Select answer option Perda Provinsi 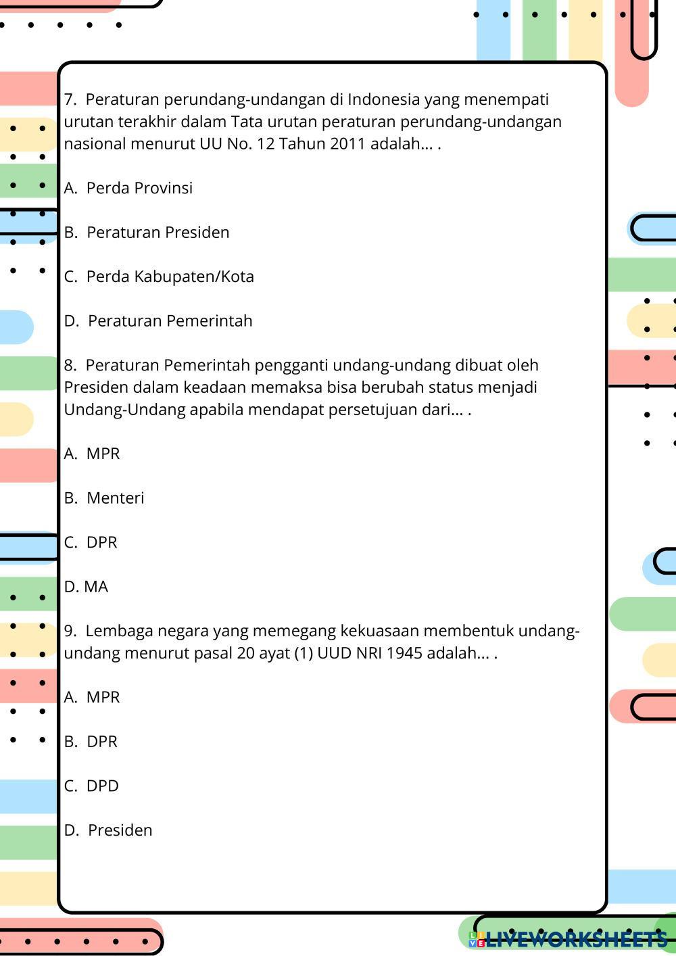point(139,188)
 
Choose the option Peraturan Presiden point(158,233)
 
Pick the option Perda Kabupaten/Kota point(170,277)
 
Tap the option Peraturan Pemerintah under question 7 point(170,321)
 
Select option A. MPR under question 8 point(103,454)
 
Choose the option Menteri point(115,498)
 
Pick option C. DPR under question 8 point(101,542)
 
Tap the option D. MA point(95,587)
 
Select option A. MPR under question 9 point(103,697)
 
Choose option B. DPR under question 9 point(101,742)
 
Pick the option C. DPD point(102,786)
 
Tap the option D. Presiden point(120,830)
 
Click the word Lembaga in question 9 point(112,631)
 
